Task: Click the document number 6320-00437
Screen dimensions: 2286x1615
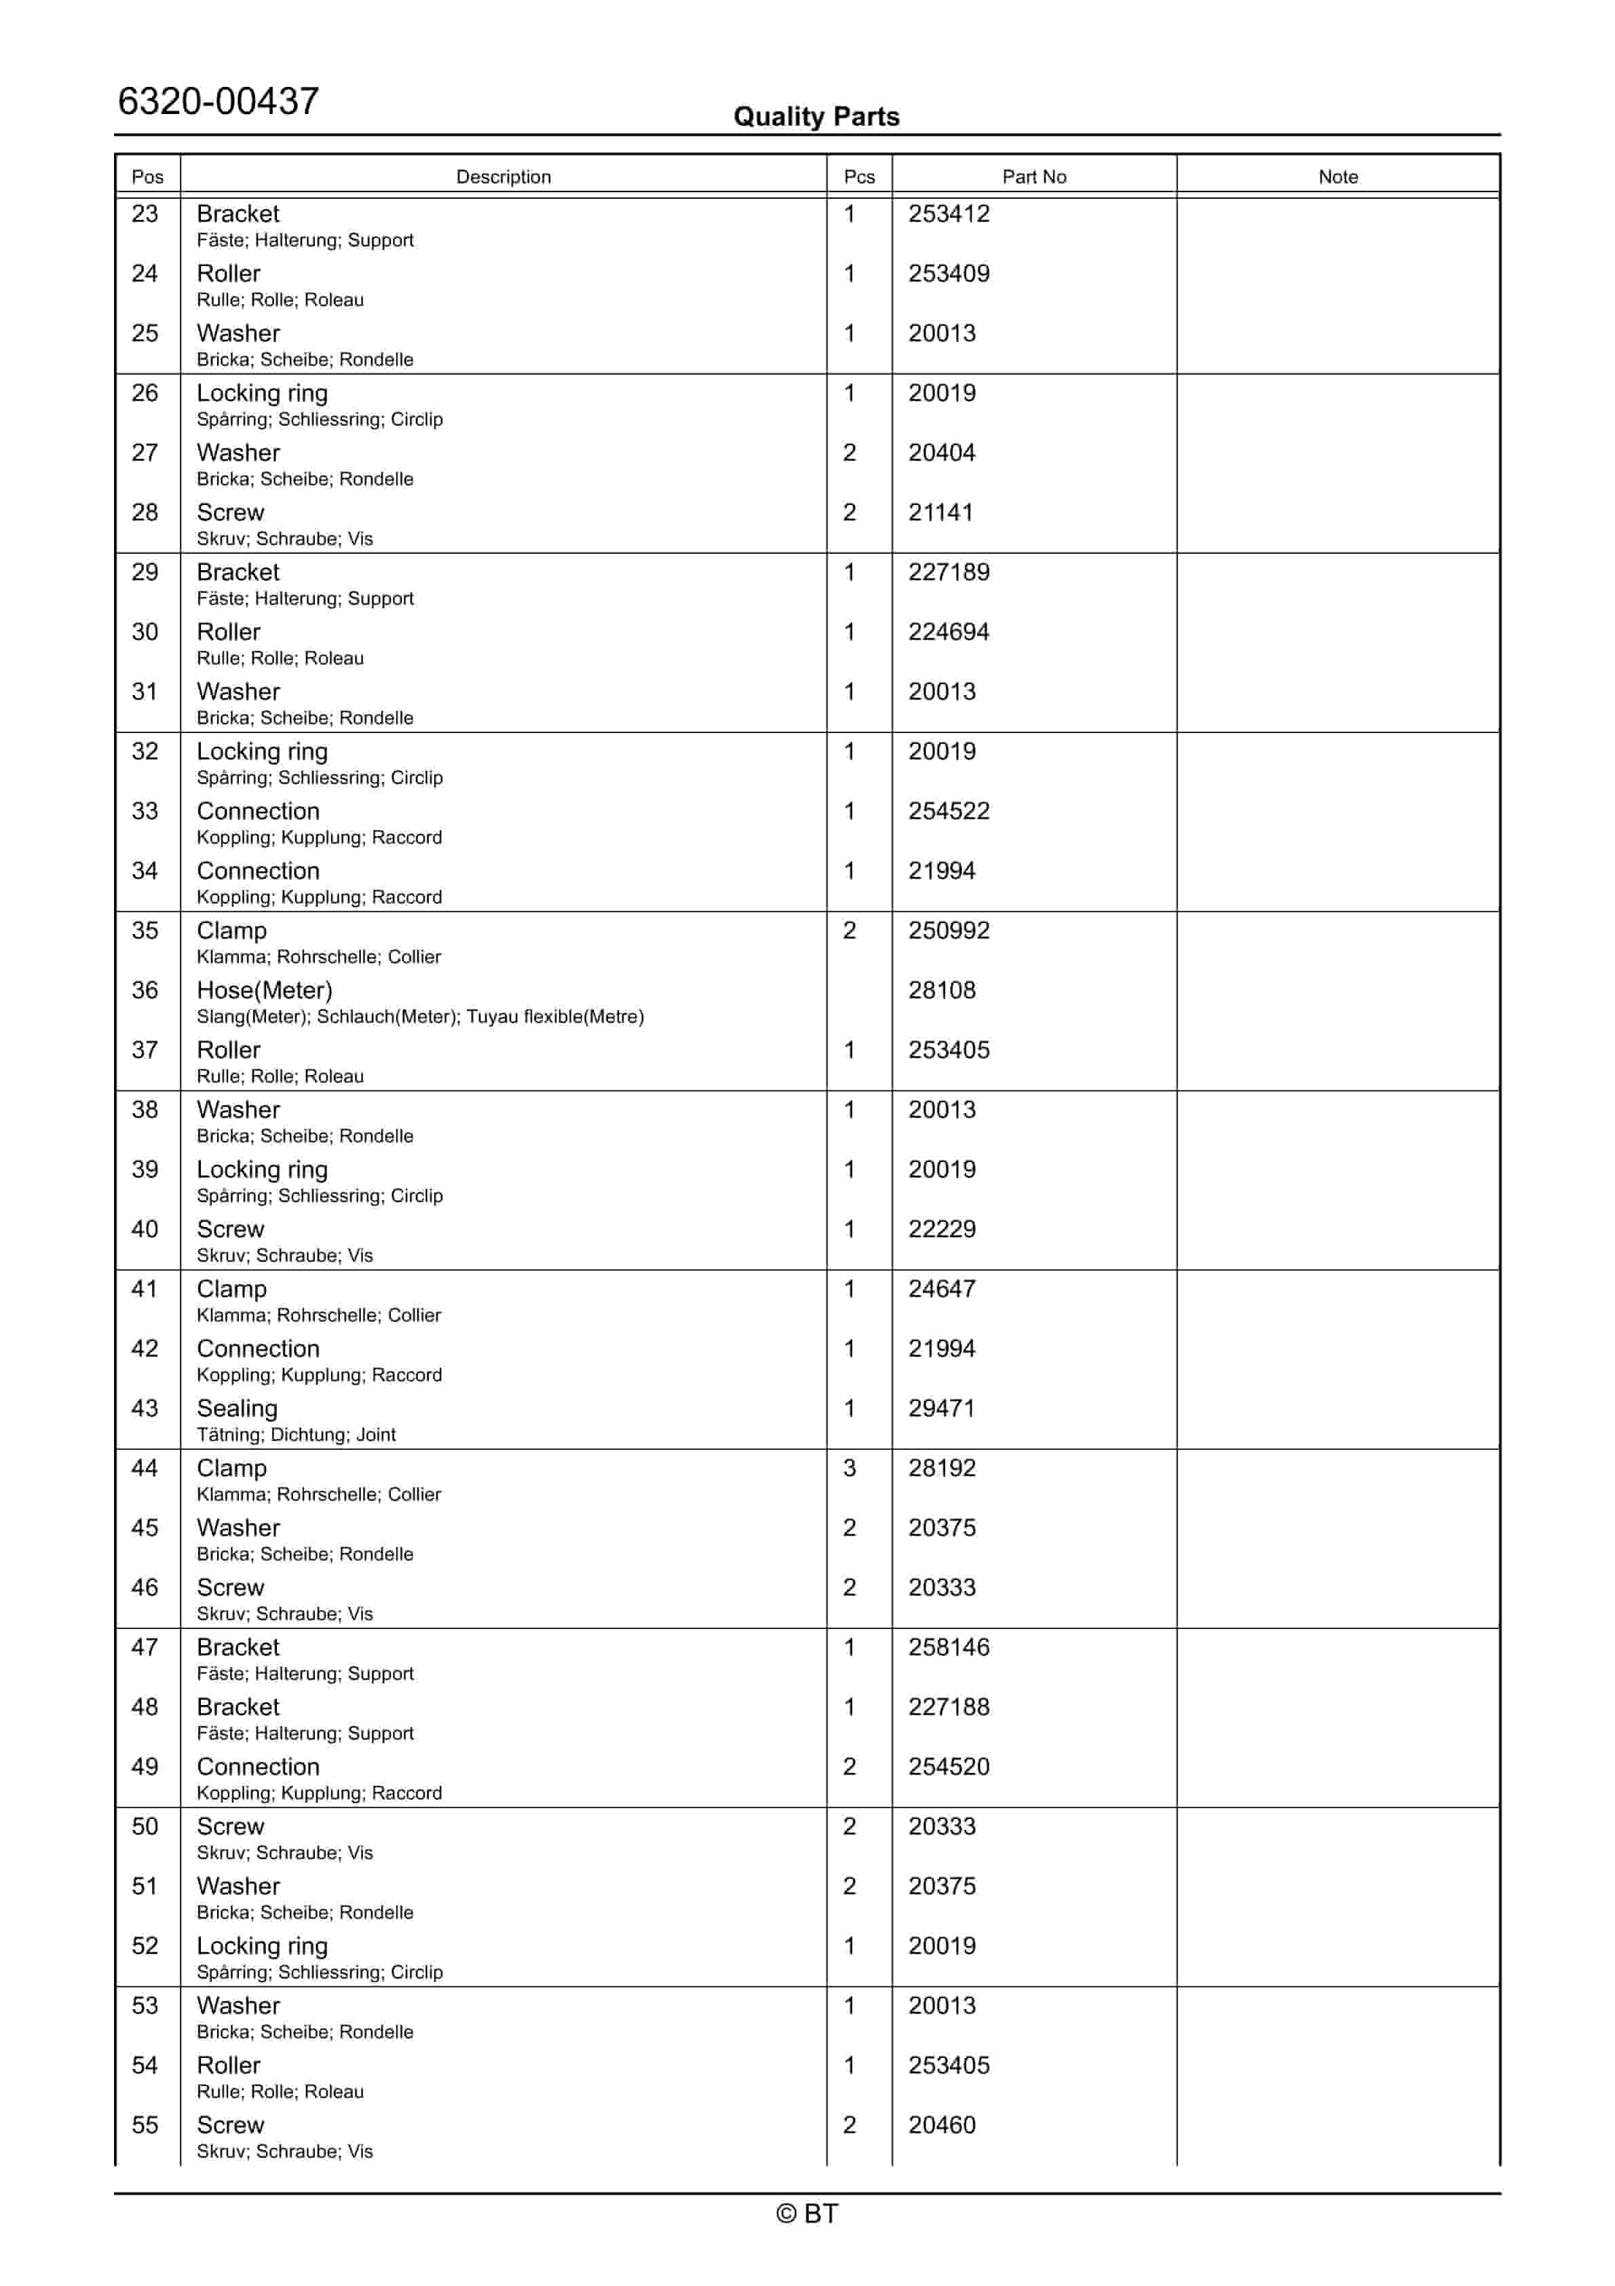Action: pyautogui.click(x=218, y=102)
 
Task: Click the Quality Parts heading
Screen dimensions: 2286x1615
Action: pyautogui.click(x=816, y=117)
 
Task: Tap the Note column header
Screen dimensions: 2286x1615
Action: pyautogui.click(x=1337, y=176)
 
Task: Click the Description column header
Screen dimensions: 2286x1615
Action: pyautogui.click(x=503, y=176)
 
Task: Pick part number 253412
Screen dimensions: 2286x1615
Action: pyautogui.click(x=948, y=214)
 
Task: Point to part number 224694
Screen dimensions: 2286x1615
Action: pyautogui.click(x=948, y=632)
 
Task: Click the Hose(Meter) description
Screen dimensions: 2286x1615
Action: pyautogui.click(x=264, y=991)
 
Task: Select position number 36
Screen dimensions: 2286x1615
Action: pyautogui.click(x=145, y=991)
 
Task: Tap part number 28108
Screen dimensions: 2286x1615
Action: pyautogui.click(x=941, y=991)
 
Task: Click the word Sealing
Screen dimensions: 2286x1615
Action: pyautogui.click(x=237, y=1409)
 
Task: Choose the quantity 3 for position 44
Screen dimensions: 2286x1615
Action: pyautogui.click(x=850, y=1469)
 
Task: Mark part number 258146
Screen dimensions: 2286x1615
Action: pyautogui.click(x=948, y=1648)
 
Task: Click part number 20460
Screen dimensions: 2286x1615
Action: pyautogui.click(x=941, y=2126)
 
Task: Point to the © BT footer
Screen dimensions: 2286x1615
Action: pyautogui.click(x=807, y=2214)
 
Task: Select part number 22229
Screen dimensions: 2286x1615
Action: pyautogui.click(x=941, y=1230)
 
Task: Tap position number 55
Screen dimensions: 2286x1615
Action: pyautogui.click(x=145, y=2126)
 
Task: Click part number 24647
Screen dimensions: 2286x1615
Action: pyautogui.click(x=941, y=1290)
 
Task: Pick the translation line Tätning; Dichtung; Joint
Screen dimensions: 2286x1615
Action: pyautogui.click(x=296, y=1435)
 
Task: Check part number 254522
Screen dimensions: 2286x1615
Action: pyautogui.click(x=948, y=812)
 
